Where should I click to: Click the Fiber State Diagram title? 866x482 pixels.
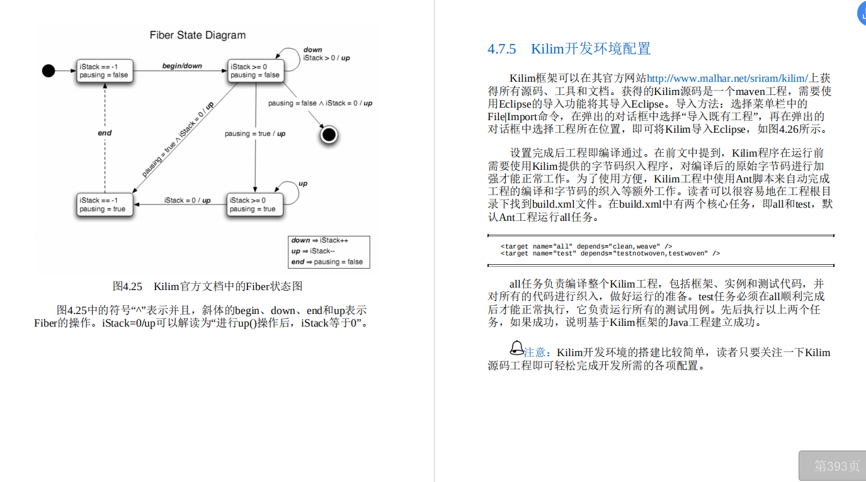pyautogui.click(x=198, y=35)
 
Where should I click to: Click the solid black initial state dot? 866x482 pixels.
pyautogui.click(x=48, y=70)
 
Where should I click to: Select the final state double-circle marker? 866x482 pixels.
pyautogui.click(x=329, y=134)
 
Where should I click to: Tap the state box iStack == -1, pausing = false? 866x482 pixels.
pyautogui.click(x=104, y=70)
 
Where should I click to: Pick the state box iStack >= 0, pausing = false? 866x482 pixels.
pyautogui.click(x=255, y=70)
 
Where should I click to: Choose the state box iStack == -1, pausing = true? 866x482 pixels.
pyautogui.click(x=104, y=205)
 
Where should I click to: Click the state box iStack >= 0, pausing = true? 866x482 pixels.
pyautogui.click(x=255, y=205)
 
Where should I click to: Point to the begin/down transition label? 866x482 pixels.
pyautogui.click(x=182, y=65)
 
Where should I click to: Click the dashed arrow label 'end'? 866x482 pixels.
pyautogui.click(x=105, y=133)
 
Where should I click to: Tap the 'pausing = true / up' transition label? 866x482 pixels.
pyautogui.click(x=255, y=133)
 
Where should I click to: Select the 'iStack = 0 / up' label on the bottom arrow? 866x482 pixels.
pyautogui.click(x=187, y=200)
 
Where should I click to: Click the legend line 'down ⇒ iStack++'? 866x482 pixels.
pyautogui.click(x=320, y=240)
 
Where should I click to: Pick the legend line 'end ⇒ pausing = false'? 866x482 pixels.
pyautogui.click(x=327, y=262)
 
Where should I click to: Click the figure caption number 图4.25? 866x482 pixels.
pyautogui.click(x=127, y=286)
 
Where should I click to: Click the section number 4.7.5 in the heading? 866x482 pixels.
pyautogui.click(x=502, y=49)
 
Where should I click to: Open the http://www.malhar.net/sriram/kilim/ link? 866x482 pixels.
pyautogui.click(x=727, y=79)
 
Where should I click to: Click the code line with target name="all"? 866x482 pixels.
pyautogui.click(x=586, y=246)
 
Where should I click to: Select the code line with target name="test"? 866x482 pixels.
pyautogui.click(x=610, y=254)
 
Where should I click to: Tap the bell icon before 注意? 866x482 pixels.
pyautogui.click(x=516, y=347)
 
